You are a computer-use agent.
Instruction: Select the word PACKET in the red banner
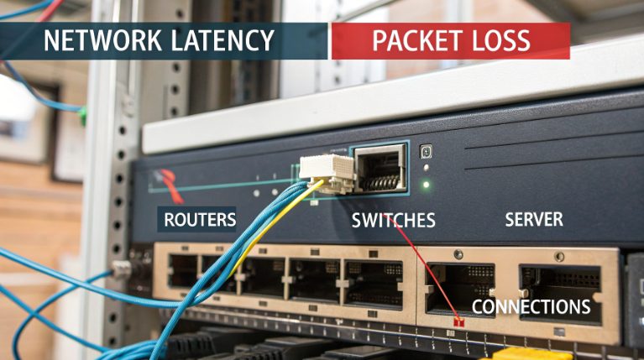click(412, 40)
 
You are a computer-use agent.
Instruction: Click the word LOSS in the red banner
click(500, 40)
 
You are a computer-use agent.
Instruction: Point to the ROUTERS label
click(200, 221)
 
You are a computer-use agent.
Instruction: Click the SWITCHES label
click(393, 221)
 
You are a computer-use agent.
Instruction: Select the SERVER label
click(533, 220)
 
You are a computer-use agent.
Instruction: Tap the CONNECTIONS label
click(531, 306)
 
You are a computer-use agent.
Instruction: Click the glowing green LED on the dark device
click(426, 184)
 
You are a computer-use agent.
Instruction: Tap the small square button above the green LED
click(426, 151)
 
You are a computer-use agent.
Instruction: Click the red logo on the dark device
click(169, 180)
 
